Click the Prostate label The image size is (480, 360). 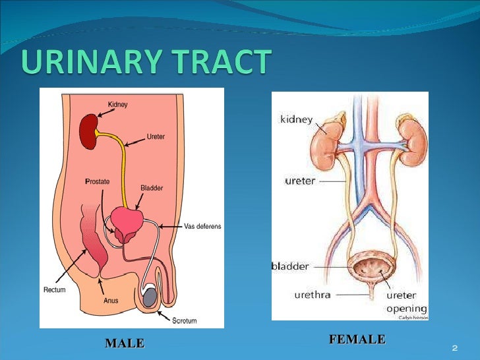click(x=97, y=181)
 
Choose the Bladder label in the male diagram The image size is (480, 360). click(x=152, y=188)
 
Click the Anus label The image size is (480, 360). click(x=111, y=300)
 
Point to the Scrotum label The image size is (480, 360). click(x=184, y=321)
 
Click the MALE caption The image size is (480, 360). click(x=124, y=343)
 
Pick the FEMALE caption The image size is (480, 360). click(x=357, y=340)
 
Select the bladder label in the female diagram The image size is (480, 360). click(x=290, y=266)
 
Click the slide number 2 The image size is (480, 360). click(x=454, y=347)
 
